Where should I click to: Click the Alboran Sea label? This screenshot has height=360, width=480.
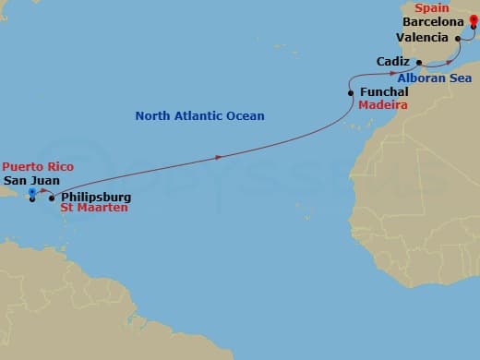point(435,78)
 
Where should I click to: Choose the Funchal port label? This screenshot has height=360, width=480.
point(382,93)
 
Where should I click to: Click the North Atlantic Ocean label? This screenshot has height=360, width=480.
point(199,115)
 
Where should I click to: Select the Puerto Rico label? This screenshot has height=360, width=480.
point(37,166)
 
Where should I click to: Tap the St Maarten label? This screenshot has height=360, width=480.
point(94,209)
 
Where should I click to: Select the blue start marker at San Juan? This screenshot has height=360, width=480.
point(32,192)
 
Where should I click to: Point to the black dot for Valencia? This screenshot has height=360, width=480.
point(459,38)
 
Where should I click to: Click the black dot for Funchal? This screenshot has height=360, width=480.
point(350,93)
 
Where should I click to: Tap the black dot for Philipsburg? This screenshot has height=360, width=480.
point(51,198)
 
